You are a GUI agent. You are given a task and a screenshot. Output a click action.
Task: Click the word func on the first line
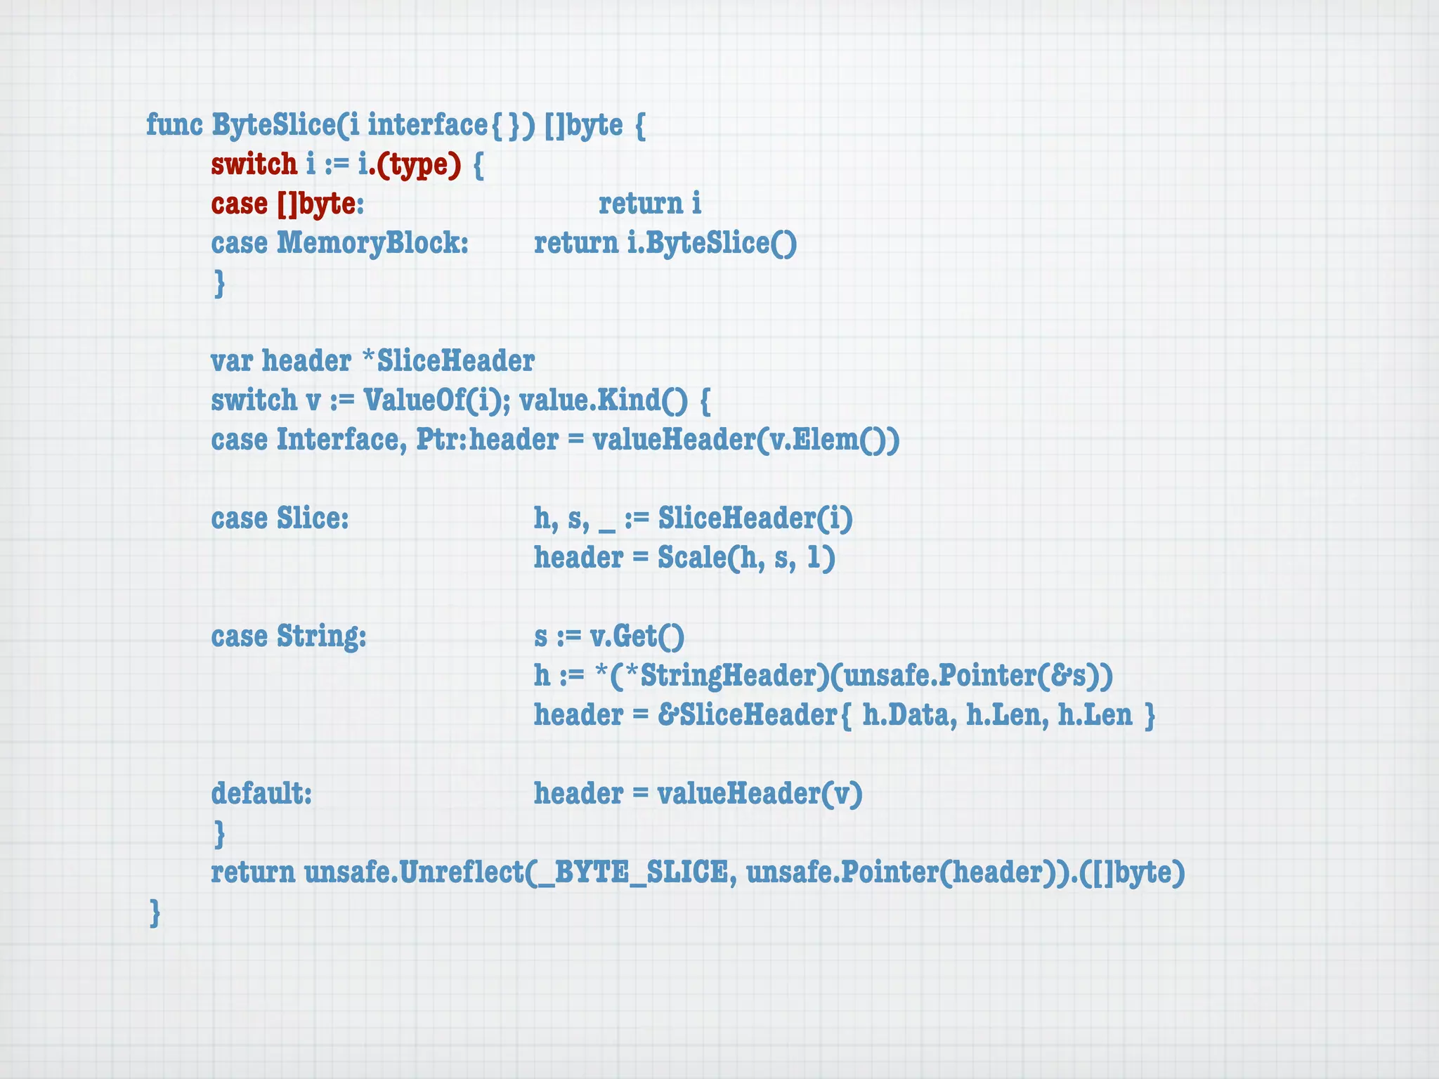[174, 125]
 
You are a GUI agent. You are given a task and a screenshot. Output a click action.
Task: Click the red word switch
[254, 164]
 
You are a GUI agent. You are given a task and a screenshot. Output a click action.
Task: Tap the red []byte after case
[316, 204]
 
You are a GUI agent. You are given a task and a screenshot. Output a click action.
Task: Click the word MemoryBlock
[372, 244]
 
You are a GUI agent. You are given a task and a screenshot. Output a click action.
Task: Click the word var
[232, 362]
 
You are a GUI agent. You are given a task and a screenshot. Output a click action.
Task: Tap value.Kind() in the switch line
[604, 400]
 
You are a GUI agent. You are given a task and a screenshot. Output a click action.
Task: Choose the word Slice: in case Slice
[313, 519]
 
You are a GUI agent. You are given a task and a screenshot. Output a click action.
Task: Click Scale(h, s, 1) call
[746, 558]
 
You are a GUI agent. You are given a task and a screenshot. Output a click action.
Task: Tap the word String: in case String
[321, 636]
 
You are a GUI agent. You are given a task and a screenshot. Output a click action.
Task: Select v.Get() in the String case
[637, 636]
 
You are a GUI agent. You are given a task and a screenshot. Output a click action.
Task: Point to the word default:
[261, 794]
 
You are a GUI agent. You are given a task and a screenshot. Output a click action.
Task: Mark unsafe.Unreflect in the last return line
[415, 873]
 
